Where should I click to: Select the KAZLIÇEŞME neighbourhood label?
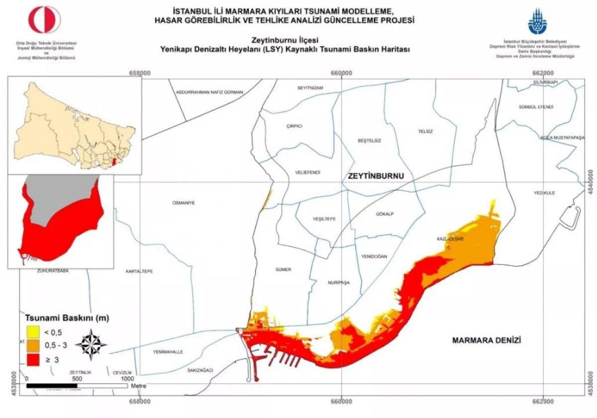[450, 239]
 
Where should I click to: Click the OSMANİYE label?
[183, 203]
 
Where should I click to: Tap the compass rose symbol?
[91, 345]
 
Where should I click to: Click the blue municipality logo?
[537, 21]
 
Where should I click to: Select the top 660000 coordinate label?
[341, 73]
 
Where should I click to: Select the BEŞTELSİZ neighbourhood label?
[369, 141]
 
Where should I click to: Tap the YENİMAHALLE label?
[168, 352]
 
